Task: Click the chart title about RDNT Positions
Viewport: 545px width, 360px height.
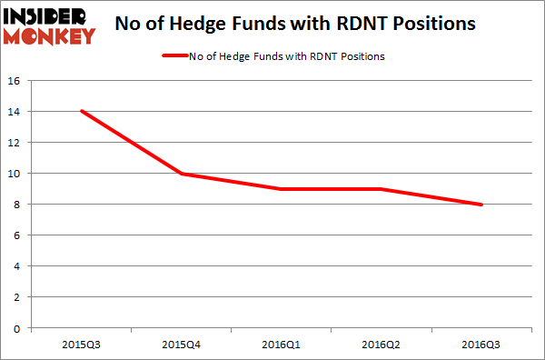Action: coord(295,25)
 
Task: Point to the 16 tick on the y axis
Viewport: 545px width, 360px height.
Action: coord(15,81)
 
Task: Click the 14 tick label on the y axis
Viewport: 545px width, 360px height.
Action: coord(15,112)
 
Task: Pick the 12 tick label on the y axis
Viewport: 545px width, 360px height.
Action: coord(15,143)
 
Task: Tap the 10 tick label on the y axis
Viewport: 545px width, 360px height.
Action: coord(15,174)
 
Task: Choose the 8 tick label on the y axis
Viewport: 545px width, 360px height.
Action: coord(18,205)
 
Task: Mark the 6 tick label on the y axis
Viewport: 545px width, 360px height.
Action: coord(18,235)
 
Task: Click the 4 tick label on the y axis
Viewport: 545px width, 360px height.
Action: coord(18,266)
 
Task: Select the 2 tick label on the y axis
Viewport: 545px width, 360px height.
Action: coord(18,297)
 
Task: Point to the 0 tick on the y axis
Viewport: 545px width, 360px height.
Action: coord(18,328)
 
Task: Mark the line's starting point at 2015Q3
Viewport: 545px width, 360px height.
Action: coord(83,112)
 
